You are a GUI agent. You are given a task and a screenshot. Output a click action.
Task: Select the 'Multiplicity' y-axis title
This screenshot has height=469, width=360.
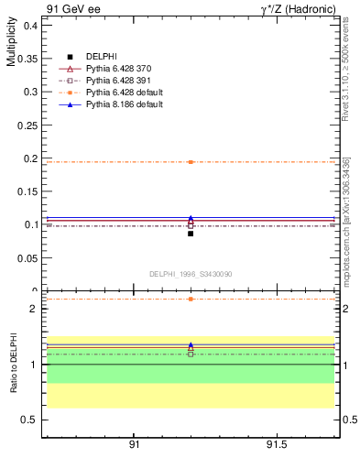click(12, 46)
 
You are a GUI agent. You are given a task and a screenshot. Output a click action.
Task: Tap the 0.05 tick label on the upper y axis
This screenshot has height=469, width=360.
click(29, 258)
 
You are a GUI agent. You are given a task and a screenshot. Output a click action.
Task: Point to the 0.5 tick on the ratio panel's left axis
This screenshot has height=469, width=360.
click(32, 420)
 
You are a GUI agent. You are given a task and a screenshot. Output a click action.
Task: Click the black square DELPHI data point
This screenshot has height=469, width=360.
click(191, 234)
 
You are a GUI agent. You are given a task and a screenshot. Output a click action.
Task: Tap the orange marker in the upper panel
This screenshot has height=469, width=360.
click(191, 162)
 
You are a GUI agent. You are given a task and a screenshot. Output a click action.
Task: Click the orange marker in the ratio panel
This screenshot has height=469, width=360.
click(191, 299)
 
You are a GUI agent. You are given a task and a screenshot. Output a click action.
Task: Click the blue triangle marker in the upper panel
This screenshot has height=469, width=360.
click(191, 219)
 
